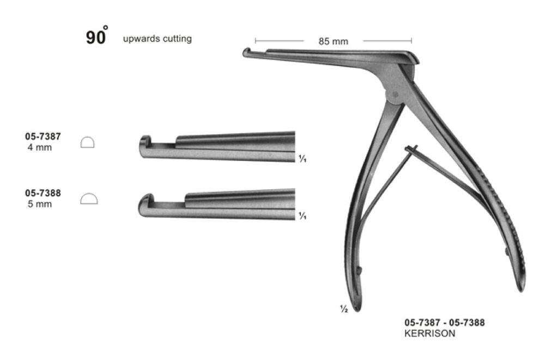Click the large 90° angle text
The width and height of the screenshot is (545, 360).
tap(96, 37)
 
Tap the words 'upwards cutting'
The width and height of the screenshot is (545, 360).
tap(157, 39)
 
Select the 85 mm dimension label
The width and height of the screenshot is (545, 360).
tap(333, 41)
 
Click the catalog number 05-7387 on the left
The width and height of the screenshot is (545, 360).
tap(43, 137)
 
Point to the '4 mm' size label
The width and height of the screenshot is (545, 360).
tap(39, 148)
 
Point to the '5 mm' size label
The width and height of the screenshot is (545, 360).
tap(39, 204)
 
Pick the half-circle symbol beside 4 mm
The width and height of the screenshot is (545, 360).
tap(87, 142)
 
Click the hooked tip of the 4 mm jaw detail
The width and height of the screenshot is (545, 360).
tap(144, 143)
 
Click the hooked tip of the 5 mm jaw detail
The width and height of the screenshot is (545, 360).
tap(144, 200)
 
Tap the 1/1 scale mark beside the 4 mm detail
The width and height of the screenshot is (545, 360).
tap(301, 159)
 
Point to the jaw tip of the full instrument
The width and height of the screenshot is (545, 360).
tap(247, 52)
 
